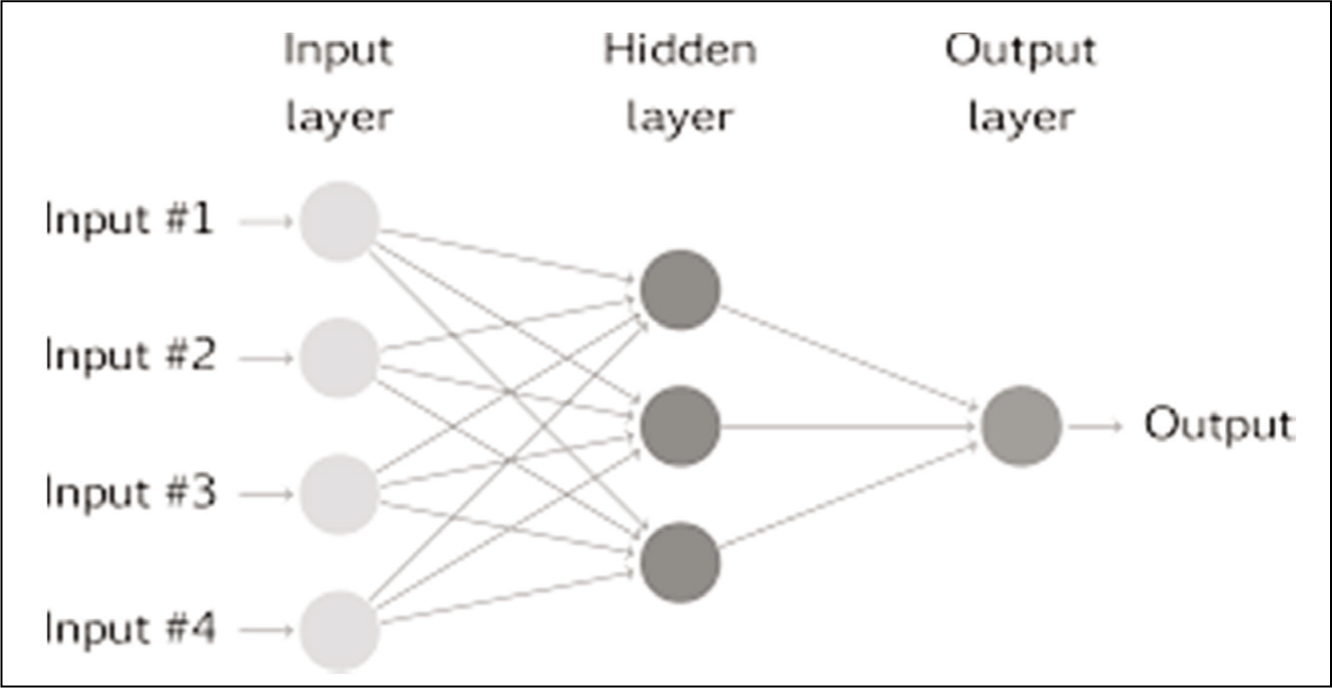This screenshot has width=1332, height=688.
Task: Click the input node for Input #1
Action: click(x=338, y=221)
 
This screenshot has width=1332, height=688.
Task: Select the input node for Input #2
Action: click(x=338, y=358)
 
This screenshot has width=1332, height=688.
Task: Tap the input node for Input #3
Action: click(x=338, y=494)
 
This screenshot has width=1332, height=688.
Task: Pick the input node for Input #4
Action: click(x=338, y=630)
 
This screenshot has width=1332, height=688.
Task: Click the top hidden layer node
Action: click(x=680, y=290)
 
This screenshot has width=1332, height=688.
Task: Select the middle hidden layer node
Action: click(x=680, y=426)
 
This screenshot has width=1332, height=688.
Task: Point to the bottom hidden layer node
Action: click(x=680, y=563)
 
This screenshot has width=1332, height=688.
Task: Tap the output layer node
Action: click(x=1021, y=426)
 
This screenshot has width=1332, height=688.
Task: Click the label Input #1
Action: click(x=129, y=220)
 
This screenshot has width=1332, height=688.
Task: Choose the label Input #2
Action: click(x=130, y=356)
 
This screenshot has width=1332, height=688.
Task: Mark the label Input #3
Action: click(x=130, y=493)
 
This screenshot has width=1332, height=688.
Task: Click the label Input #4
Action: click(x=130, y=629)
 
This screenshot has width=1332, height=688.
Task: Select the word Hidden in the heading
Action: click(x=680, y=49)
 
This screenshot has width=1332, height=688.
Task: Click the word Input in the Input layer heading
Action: click(x=338, y=52)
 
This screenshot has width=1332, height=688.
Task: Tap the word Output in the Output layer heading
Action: click(x=1021, y=52)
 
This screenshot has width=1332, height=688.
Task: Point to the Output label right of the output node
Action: click(x=1219, y=425)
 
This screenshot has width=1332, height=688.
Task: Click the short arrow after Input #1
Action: click(x=266, y=221)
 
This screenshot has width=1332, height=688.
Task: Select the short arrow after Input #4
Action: click(x=266, y=630)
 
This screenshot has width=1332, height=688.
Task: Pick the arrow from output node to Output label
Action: click(x=1096, y=426)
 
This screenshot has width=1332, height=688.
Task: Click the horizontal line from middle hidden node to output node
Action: click(x=849, y=426)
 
